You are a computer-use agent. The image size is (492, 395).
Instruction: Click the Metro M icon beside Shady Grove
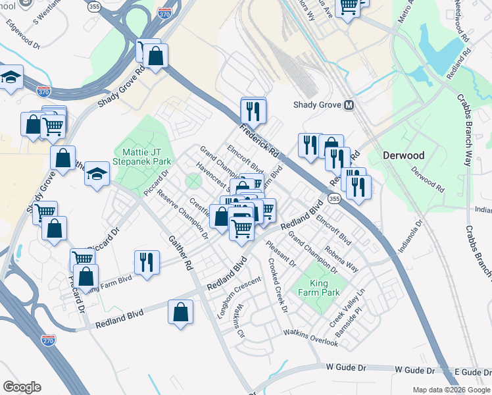pos(349,106)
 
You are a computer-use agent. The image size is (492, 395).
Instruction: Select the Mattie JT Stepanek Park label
pos(143,155)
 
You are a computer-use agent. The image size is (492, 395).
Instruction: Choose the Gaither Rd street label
pos(180,254)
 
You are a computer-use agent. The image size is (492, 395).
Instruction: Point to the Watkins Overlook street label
pos(310,335)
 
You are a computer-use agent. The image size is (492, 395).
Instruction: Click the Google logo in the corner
pos(22,387)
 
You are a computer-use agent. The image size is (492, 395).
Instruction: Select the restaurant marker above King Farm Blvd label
pos(147,261)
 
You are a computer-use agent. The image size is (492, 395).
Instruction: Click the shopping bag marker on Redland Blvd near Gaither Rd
pos(180,312)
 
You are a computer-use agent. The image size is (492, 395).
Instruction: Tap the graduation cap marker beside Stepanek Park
pos(97,174)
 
